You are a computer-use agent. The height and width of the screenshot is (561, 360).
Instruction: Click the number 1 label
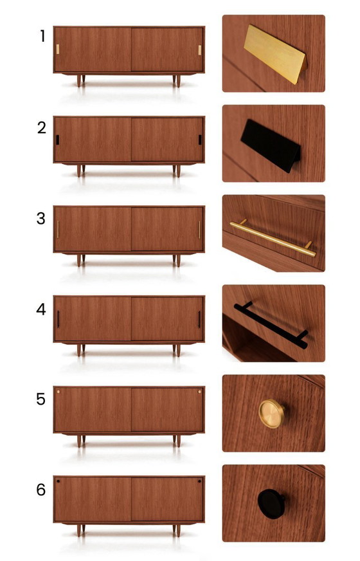point(43,36)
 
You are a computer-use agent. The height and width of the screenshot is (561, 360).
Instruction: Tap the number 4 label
point(41,309)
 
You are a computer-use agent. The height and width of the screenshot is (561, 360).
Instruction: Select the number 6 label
point(41,490)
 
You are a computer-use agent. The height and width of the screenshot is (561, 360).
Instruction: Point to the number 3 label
point(41,219)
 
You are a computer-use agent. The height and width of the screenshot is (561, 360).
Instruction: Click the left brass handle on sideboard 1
point(58,50)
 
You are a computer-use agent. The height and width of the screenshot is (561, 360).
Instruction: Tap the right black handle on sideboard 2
point(200,140)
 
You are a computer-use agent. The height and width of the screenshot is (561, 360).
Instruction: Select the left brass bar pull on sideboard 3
point(58,230)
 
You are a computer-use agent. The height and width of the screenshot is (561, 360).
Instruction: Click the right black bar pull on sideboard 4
point(199,320)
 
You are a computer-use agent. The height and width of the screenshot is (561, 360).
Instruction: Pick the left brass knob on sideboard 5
point(58,392)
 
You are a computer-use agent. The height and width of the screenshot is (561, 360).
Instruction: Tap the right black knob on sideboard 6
point(199,482)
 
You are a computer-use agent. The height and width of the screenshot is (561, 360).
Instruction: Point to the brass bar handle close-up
point(273,238)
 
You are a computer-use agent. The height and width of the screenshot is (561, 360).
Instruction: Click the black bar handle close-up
point(271,325)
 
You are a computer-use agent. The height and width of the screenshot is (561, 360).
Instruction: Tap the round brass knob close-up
point(272,414)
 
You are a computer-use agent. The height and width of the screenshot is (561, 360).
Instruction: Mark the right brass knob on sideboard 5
point(199,392)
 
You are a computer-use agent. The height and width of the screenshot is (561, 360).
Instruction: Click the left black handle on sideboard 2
point(58,140)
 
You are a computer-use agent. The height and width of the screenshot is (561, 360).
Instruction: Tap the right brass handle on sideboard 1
point(200,50)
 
